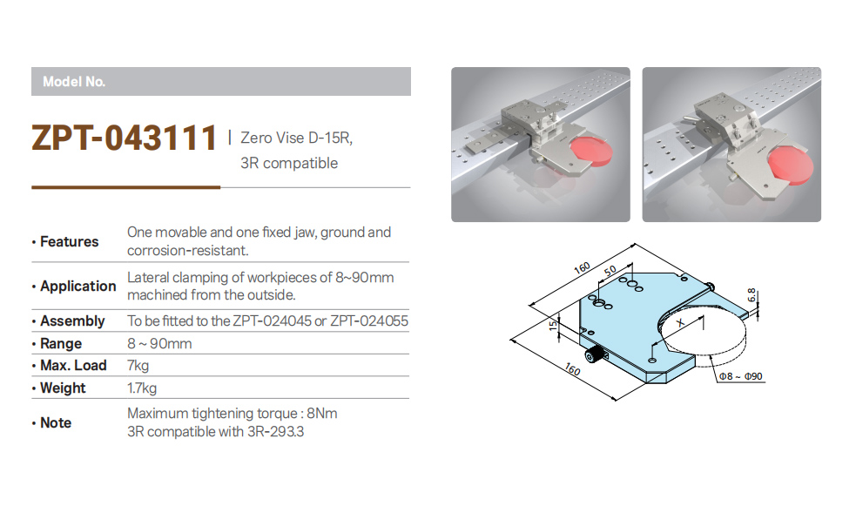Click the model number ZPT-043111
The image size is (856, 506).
[125, 137]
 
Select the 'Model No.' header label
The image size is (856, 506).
[74, 82]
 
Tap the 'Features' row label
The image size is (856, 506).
[69, 241]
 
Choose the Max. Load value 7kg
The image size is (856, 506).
[138, 365]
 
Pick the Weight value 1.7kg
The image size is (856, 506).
[142, 388]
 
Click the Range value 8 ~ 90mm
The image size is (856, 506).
[159, 343]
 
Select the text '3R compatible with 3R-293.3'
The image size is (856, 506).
[216, 432]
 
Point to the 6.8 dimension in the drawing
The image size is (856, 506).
[752, 295]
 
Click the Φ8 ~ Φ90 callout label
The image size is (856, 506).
[741, 376]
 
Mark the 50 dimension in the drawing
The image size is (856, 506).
[610, 270]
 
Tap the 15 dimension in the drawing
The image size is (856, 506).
[553, 326]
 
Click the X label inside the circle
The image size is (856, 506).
[680, 322]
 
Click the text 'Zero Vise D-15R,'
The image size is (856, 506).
[296, 138]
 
